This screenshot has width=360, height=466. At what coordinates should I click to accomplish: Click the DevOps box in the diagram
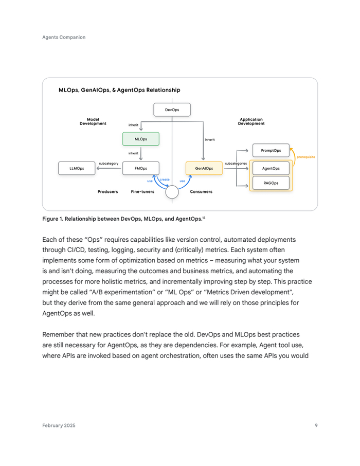click(x=172, y=110)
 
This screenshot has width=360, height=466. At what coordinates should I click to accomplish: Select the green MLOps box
click(x=140, y=139)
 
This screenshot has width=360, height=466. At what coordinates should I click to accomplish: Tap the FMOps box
click(x=140, y=168)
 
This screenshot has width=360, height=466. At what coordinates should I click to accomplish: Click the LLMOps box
click(x=77, y=168)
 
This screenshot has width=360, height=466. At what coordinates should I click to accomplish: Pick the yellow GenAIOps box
click(x=204, y=168)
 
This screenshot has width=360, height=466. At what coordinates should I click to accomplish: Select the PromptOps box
click(x=271, y=150)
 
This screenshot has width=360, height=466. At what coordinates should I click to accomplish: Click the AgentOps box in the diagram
click(x=271, y=168)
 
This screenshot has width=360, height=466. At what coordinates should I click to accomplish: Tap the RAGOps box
click(x=271, y=183)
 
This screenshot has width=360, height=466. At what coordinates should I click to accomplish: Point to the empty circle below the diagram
click(x=172, y=192)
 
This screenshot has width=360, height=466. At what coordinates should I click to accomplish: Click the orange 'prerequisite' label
click(x=305, y=157)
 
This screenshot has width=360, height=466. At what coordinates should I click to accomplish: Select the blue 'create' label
click(x=165, y=179)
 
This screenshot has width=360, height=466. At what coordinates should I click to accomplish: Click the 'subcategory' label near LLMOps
click(x=109, y=164)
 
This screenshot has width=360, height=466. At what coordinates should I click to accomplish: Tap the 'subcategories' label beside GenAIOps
click(x=236, y=164)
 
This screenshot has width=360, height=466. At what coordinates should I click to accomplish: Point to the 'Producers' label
click(x=107, y=192)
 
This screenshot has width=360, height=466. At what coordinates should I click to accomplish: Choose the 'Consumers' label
click(x=201, y=192)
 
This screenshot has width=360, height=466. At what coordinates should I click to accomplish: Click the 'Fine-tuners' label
click(x=142, y=192)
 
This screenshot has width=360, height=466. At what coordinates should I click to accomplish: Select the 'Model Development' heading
click(x=93, y=121)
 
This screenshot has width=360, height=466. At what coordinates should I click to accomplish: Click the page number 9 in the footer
click(x=316, y=425)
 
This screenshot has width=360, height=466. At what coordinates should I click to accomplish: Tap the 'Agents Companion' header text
click(x=64, y=37)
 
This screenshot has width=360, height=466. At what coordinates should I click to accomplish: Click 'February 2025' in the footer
click(x=59, y=425)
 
